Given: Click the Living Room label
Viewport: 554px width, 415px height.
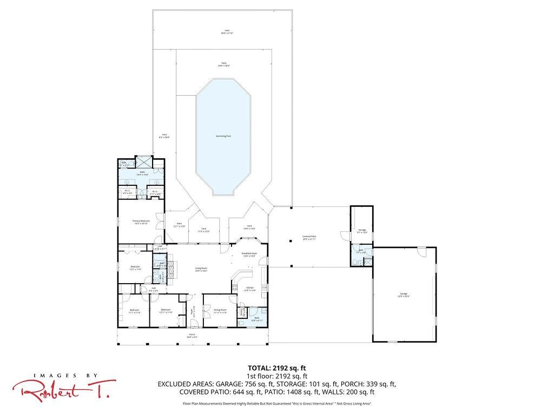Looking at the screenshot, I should pyautogui.click(x=201, y=269).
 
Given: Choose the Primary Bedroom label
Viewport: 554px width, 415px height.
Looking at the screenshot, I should pyautogui.click(x=141, y=222).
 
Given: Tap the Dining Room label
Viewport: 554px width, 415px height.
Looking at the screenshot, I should pyautogui.click(x=220, y=311).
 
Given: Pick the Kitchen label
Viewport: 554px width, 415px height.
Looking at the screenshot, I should pyautogui.click(x=249, y=289).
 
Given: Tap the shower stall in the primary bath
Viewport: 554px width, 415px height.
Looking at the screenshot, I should pyautogui.click(x=143, y=162).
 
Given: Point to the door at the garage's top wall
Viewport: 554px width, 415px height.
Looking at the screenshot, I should pyautogui.click(x=421, y=252).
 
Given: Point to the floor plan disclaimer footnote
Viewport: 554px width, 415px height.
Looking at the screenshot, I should pyautogui.click(x=277, y=404).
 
